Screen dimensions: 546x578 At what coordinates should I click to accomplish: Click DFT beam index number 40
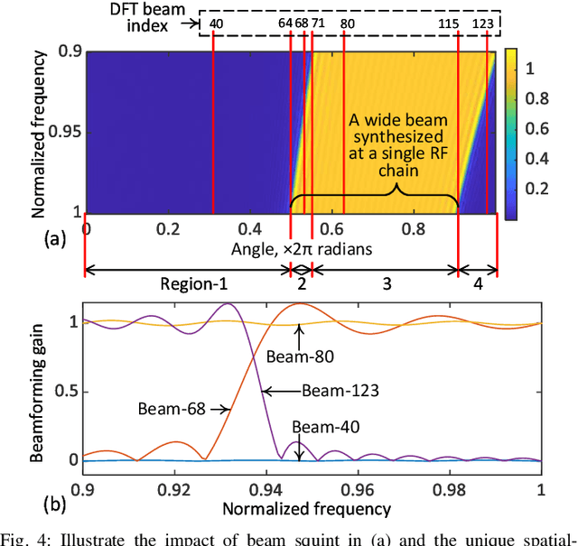[x=216, y=23]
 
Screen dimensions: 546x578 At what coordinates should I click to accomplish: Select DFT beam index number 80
[x=348, y=23]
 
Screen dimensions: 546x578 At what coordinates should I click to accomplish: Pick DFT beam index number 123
[x=485, y=23]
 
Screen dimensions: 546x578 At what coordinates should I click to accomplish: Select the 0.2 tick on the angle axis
[x=168, y=229]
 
